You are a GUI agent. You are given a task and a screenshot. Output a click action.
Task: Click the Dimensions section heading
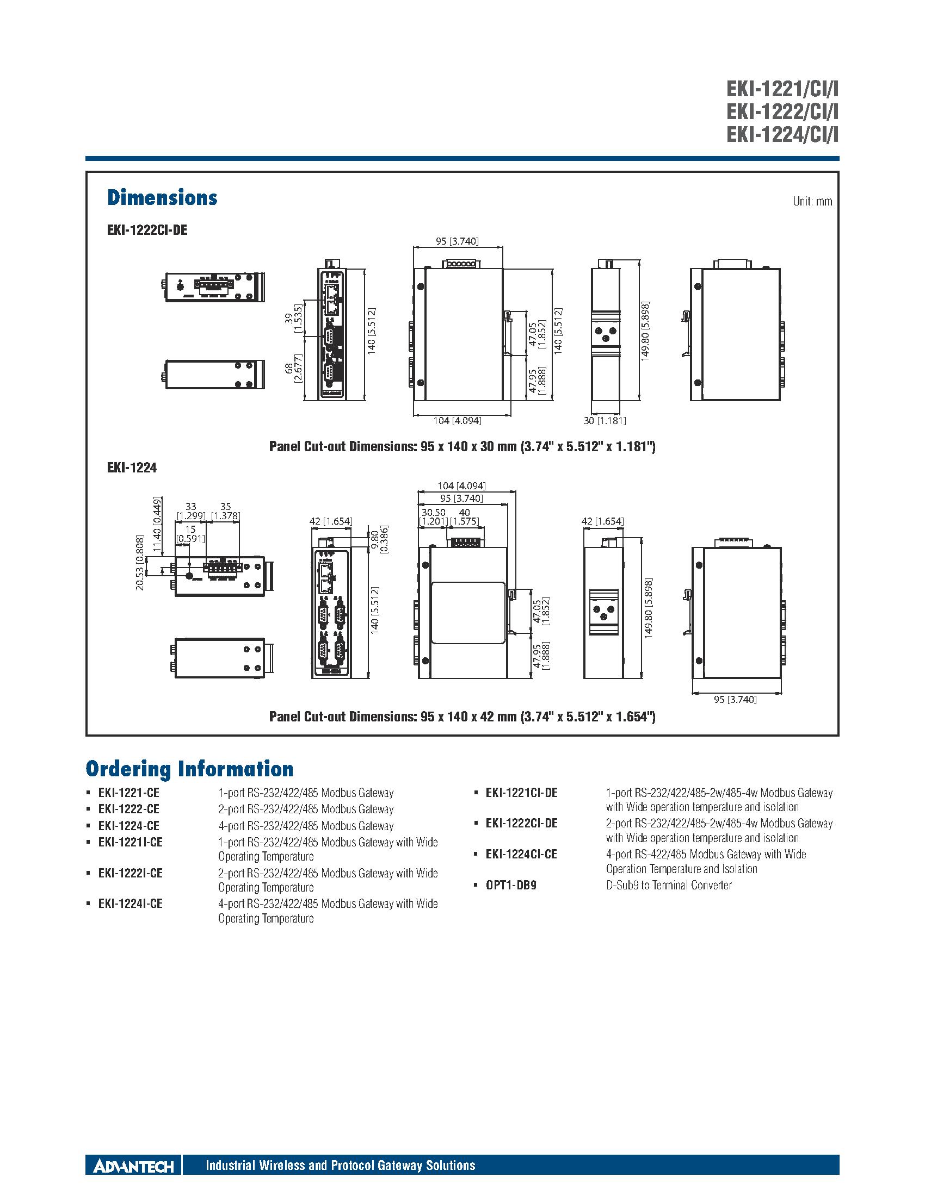click(162, 198)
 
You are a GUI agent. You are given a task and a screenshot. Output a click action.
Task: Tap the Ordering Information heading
click(189, 769)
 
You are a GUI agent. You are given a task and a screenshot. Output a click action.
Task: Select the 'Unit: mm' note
click(812, 202)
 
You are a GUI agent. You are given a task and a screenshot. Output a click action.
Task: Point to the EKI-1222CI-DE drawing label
click(147, 231)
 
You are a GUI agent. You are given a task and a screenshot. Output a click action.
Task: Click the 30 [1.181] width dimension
click(605, 421)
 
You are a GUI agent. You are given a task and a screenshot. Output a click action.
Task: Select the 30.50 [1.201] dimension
click(434, 517)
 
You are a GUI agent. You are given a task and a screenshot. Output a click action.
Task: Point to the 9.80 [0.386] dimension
click(379, 540)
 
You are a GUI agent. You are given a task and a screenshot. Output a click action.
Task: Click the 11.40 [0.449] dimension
click(157, 518)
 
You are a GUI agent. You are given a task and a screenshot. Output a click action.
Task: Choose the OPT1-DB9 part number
click(511, 886)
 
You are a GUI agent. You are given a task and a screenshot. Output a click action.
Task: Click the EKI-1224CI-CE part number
click(521, 854)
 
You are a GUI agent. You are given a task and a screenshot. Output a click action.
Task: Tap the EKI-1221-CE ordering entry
click(129, 793)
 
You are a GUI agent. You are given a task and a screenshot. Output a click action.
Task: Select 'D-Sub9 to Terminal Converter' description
click(669, 886)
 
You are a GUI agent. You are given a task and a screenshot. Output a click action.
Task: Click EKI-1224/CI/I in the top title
click(782, 134)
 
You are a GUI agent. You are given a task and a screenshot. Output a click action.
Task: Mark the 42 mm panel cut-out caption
click(462, 717)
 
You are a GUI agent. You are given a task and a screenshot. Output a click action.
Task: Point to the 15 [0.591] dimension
click(190, 534)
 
